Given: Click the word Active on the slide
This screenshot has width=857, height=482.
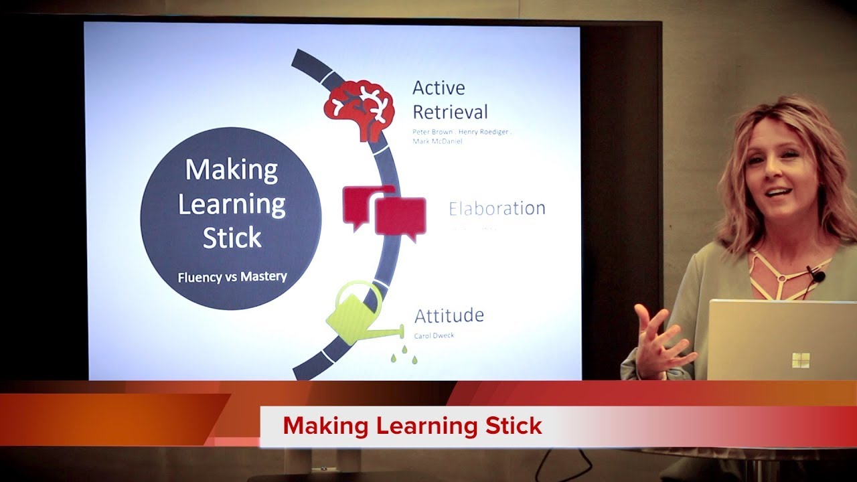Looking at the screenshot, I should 439,88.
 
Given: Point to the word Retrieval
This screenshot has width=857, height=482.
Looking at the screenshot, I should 450,111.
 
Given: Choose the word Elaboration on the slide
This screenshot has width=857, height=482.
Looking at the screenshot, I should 497,208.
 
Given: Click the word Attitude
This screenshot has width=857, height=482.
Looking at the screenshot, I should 449,315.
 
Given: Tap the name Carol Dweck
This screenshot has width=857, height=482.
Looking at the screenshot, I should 434,335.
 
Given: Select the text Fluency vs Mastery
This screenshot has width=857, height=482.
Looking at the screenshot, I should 232,276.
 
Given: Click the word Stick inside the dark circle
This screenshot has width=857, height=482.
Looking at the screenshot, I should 232,238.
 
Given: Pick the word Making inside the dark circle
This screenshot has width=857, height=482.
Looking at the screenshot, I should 231,170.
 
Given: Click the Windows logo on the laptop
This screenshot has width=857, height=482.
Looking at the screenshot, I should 801,360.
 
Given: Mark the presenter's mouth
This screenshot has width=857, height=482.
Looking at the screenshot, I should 777,193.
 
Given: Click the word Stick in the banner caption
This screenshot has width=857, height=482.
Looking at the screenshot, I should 511,426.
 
